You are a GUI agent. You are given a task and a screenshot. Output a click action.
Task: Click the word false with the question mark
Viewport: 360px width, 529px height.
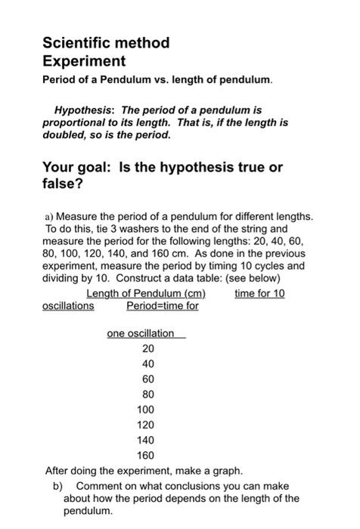pos(64,184)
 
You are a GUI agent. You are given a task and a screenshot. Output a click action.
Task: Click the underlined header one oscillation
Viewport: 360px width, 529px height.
pos(141,333)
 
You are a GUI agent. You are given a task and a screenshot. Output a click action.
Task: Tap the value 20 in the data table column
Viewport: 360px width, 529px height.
pos(147,349)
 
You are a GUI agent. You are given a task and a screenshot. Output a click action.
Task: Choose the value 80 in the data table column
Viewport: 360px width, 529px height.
pos(147,394)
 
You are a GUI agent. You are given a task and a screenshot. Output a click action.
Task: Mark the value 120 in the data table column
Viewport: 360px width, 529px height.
pos(145,425)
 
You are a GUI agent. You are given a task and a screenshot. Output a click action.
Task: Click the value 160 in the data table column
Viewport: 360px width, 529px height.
pos(145,455)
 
